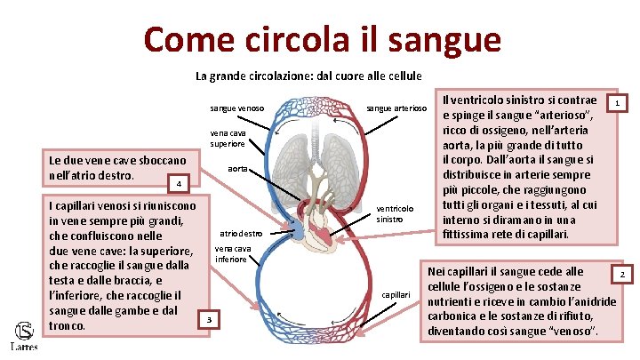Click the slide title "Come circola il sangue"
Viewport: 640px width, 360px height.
click(x=322, y=39)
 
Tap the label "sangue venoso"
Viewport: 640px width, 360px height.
click(x=236, y=108)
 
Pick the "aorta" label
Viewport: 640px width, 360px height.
click(x=237, y=168)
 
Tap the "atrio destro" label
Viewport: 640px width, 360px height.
click(x=240, y=233)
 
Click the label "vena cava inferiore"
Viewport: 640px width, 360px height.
click(x=233, y=252)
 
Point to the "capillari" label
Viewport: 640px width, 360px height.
click(x=396, y=293)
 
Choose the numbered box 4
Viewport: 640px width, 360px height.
click(x=178, y=184)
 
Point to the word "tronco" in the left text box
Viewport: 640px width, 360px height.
click(x=65, y=325)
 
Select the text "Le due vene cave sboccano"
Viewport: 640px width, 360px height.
click(x=116, y=160)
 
